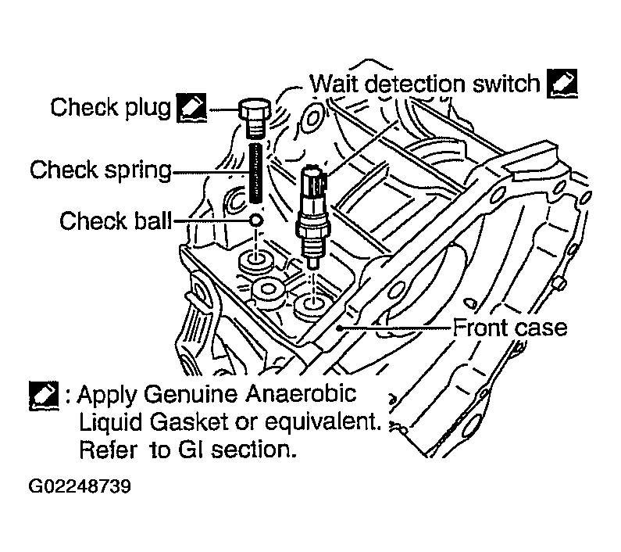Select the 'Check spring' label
[x=100, y=169]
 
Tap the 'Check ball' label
[x=115, y=221]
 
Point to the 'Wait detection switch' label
[x=425, y=83]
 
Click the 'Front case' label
[x=510, y=327]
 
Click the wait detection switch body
[x=313, y=211]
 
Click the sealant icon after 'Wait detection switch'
[x=562, y=83]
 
